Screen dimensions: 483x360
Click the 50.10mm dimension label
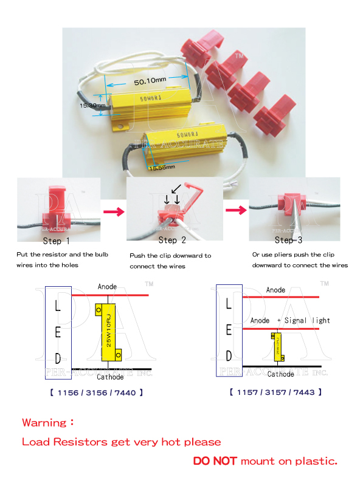click(150, 81)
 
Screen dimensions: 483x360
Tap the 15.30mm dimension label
click(92, 105)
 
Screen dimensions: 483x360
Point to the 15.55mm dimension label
click(162, 166)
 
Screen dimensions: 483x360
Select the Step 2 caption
click(168, 241)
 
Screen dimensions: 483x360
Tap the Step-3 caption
click(289, 241)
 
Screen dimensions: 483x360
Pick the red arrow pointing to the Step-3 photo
click(236, 211)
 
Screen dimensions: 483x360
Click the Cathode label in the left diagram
click(110, 377)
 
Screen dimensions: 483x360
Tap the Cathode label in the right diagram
click(280, 374)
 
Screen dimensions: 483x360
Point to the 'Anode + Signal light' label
click(290, 320)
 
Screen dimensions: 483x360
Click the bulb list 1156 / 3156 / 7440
click(96, 392)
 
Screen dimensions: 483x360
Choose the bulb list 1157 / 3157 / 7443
click(275, 392)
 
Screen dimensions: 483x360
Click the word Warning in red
click(44, 422)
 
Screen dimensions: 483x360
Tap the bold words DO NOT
click(215, 461)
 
